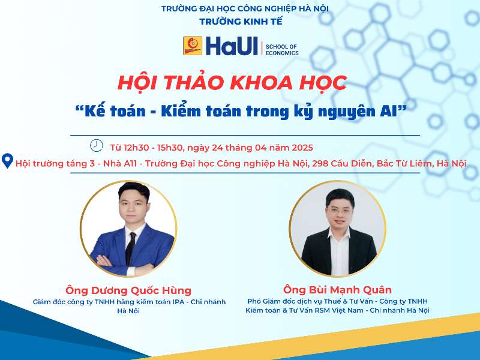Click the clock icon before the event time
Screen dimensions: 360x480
point(96,146)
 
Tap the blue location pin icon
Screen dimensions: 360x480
point(8,161)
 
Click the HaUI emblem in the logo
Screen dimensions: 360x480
point(193,46)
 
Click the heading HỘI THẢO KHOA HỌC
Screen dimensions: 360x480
point(232,82)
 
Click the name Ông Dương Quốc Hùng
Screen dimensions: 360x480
point(128,290)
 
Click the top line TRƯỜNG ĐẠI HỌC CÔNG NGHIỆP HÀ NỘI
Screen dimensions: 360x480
point(245,8)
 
